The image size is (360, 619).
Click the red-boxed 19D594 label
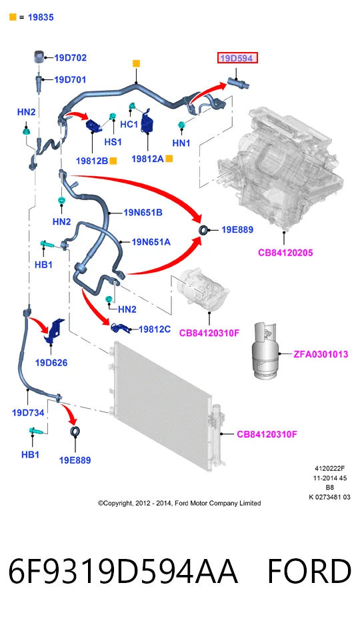[x=237, y=59]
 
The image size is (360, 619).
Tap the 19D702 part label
[x=70, y=57]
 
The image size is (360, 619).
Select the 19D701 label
[x=70, y=80]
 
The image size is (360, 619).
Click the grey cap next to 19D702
[x=38, y=57]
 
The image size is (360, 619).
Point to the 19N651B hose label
[x=143, y=213]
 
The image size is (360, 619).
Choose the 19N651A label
[x=151, y=242]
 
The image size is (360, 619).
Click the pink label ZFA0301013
[x=321, y=354]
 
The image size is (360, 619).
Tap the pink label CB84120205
[x=285, y=253]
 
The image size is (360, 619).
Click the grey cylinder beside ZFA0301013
[x=265, y=350]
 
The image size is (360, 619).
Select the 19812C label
[x=155, y=330]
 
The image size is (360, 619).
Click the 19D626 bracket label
[x=51, y=363]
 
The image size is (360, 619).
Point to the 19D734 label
[x=28, y=413]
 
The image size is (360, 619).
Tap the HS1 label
[x=113, y=141]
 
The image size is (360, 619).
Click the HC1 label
[x=129, y=124]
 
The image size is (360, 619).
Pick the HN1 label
[x=181, y=143]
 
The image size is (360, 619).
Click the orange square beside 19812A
[x=169, y=159]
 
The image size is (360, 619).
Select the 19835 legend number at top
[x=41, y=17]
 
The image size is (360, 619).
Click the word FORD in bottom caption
[x=309, y=571]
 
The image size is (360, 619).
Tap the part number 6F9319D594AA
[x=123, y=571]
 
